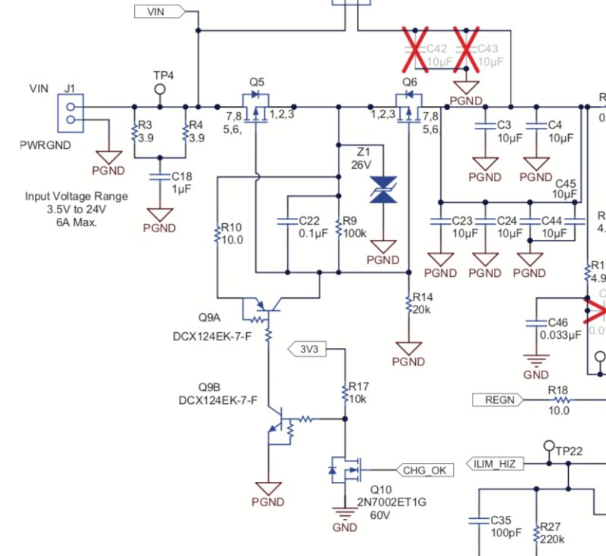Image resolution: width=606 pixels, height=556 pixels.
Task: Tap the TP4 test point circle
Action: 160,89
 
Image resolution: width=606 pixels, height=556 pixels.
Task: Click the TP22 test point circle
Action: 548,446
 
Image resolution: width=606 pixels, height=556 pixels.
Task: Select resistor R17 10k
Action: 345,393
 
